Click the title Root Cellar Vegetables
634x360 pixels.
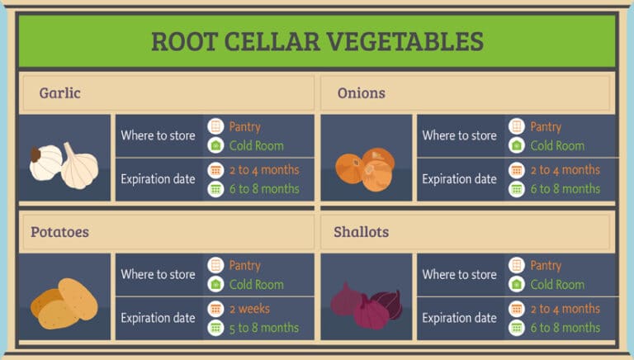coord(317,41)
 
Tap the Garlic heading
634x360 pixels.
coord(59,93)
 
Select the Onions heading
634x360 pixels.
coord(362,93)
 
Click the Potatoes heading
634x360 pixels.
coord(59,232)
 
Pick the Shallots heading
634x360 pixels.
coord(362,232)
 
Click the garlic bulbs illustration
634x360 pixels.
coord(64,163)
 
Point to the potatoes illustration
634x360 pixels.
coord(64,302)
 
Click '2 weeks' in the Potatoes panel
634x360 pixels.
coord(249,309)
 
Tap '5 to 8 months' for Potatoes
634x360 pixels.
coord(263,328)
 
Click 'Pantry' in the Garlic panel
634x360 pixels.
coord(244,126)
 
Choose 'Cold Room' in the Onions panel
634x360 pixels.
coord(558,145)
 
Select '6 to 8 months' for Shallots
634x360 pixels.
coord(565,328)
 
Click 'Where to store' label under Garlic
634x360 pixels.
coord(158,135)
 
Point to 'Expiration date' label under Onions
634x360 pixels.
coord(460,179)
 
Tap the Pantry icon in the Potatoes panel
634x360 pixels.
coord(215,266)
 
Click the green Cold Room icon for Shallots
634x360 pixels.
coord(517,284)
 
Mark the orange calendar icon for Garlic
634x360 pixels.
coord(215,170)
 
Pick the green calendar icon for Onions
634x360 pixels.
coord(517,189)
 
